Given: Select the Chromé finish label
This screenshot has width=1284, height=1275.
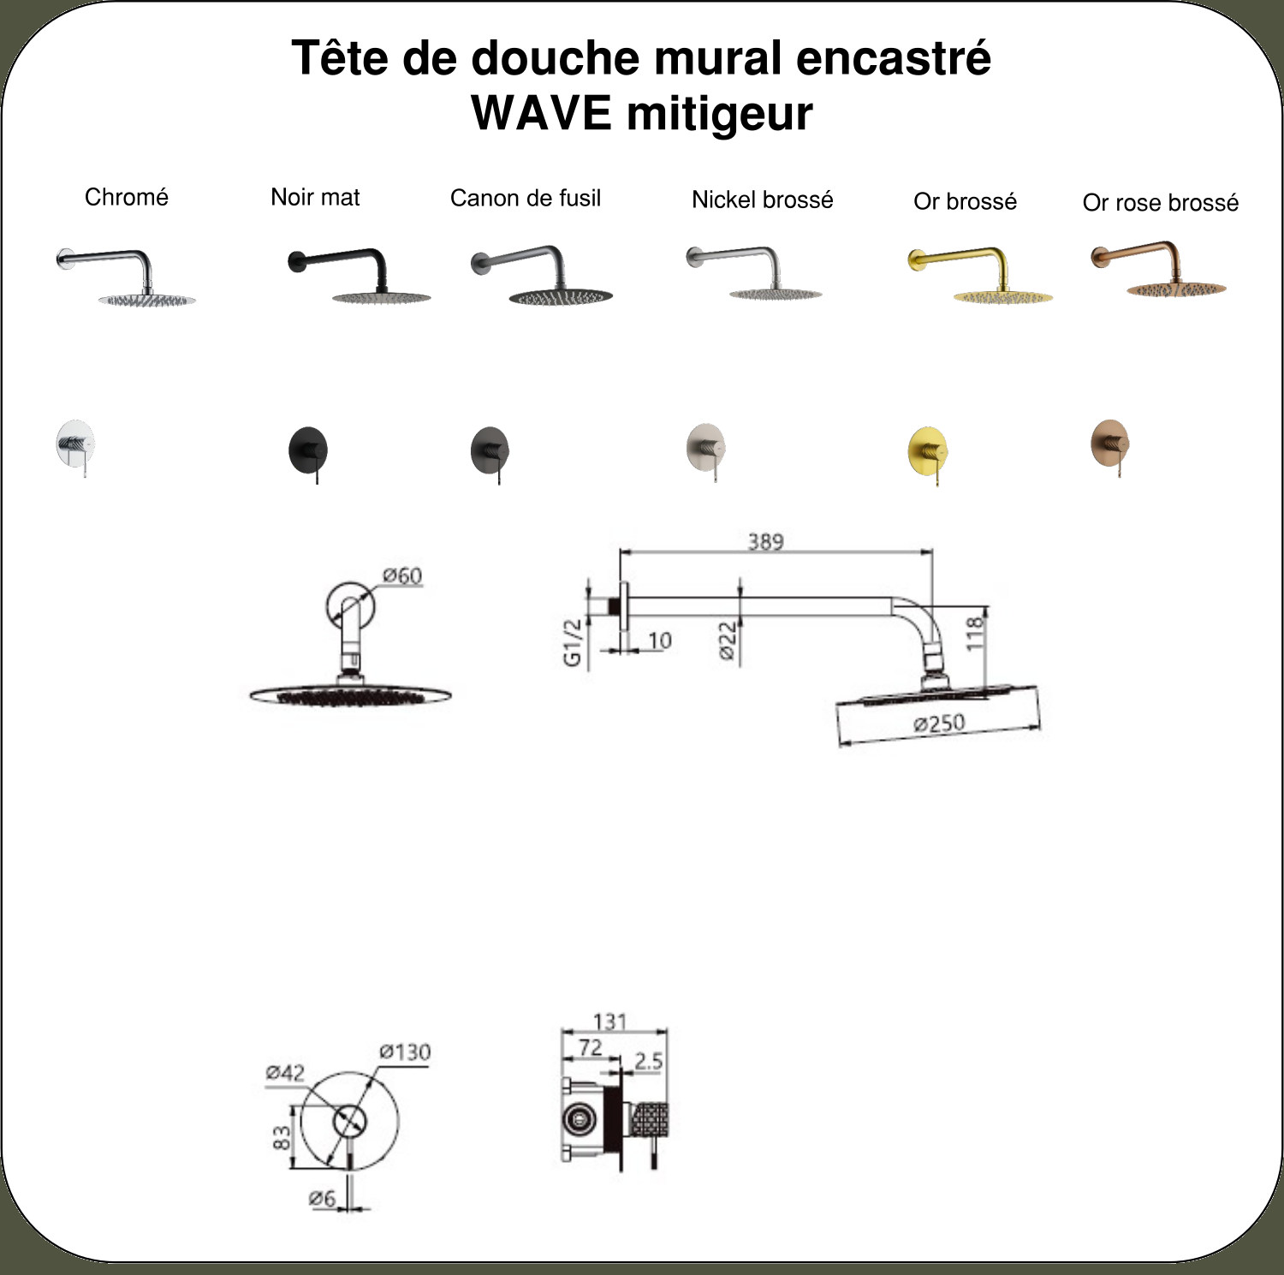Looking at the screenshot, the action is tap(127, 197).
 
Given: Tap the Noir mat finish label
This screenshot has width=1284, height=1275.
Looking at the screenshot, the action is tap(315, 197).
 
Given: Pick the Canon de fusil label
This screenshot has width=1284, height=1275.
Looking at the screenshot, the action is tap(526, 198).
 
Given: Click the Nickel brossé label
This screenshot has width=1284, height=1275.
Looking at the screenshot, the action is tap(763, 200).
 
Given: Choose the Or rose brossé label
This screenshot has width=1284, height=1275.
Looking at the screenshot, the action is tap(1161, 203).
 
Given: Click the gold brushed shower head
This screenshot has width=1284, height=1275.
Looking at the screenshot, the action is tap(980, 276).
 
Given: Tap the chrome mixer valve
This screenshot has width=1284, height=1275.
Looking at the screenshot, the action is tap(75, 447).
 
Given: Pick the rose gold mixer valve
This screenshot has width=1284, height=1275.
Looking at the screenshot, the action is tap(1110, 447).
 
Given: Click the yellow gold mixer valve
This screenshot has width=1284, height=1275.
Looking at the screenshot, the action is tap(928, 455).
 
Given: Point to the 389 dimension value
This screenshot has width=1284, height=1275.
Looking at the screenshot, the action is tap(765, 541).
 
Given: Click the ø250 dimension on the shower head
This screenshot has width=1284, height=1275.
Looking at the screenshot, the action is tap(939, 724).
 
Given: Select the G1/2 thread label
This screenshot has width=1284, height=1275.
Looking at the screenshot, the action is tap(573, 641).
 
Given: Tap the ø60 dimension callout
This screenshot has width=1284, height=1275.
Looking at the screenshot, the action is tap(402, 575).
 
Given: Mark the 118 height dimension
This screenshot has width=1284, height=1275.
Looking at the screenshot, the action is tap(975, 635).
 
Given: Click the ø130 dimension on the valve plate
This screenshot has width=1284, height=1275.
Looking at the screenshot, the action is tap(405, 1052).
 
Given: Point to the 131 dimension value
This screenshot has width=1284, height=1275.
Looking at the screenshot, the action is tap(609, 1021).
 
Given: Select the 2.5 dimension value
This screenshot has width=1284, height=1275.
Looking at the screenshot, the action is tap(648, 1061).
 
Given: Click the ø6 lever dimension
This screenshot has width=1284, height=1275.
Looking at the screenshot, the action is tap(322, 1199).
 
